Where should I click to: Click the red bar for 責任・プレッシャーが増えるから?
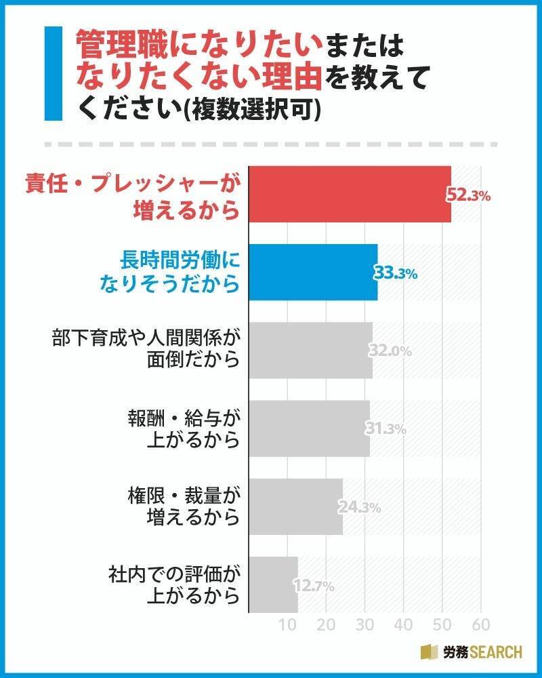coord(349,194)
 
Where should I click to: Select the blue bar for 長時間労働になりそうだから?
coord(312,272)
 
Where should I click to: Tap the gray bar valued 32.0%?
coord(310,350)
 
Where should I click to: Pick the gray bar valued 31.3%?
coord(309,428)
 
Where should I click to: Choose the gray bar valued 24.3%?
coord(295,506)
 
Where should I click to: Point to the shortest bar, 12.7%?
coord(273,584)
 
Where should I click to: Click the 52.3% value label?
coord(467,195)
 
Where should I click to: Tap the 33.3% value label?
coord(395,273)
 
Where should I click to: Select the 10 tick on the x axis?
coord(289,624)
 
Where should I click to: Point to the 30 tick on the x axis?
coord(365,624)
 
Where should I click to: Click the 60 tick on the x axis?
coord(480,624)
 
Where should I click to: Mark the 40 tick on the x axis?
coord(404,624)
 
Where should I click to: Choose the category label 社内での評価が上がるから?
coord(175,584)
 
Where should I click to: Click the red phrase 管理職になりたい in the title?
coord(196,47)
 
